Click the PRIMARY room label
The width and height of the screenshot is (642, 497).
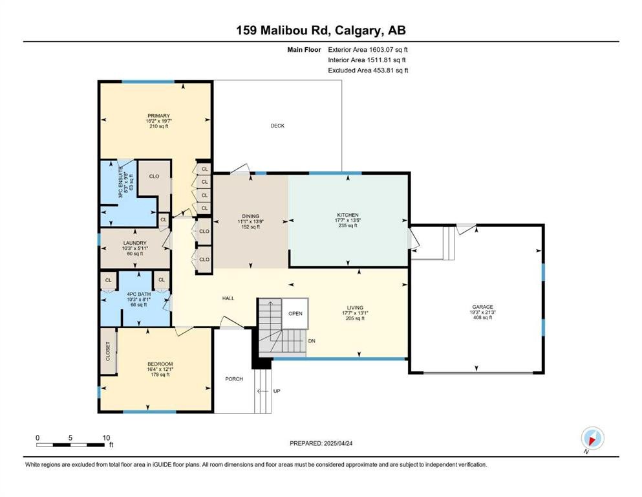tap(158, 116)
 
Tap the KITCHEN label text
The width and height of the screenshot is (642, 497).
tap(347, 215)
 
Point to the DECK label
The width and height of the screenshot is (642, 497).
tap(277, 126)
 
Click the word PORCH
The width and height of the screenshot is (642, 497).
tap(233, 379)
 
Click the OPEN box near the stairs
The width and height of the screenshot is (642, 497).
tap(295, 313)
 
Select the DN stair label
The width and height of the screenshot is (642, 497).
tap(312, 340)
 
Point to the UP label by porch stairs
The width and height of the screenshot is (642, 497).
tap(277, 391)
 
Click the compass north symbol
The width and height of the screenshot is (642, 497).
tap(592, 438)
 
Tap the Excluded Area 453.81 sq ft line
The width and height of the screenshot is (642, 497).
tap(368, 71)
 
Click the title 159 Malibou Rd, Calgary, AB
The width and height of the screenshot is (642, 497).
tap(321, 30)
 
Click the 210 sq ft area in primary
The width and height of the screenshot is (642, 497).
tap(158, 127)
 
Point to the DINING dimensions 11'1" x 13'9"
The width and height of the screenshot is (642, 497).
tap(250, 221)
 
